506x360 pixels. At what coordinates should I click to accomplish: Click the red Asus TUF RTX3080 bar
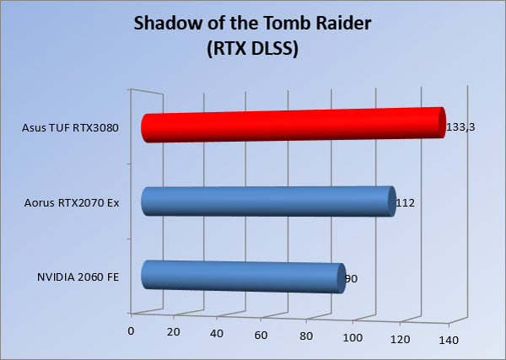point(293,125)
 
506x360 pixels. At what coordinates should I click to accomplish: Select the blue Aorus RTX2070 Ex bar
point(268,201)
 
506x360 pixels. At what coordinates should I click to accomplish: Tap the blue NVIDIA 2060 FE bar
point(244,277)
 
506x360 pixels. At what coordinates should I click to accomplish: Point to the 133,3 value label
point(460,127)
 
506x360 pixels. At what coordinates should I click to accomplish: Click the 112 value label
point(406,203)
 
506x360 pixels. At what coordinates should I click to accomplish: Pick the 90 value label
point(351,279)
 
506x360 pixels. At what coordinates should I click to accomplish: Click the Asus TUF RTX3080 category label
point(70,128)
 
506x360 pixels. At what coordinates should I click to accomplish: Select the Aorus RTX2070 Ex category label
point(72,203)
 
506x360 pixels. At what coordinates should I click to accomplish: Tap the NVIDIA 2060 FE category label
point(78,277)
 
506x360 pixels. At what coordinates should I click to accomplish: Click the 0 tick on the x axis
point(131,331)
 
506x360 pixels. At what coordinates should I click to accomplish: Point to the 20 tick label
point(173,332)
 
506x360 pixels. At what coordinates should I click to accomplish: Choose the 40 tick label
point(217,334)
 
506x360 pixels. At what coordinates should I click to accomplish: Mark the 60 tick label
point(261,336)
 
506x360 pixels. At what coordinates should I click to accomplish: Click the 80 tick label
point(306,336)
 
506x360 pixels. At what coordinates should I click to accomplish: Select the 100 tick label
point(353,338)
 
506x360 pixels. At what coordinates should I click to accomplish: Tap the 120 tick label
point(400,340)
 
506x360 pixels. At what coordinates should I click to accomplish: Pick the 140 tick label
point(449,341)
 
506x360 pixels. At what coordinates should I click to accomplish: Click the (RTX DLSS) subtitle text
point(253,50)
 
